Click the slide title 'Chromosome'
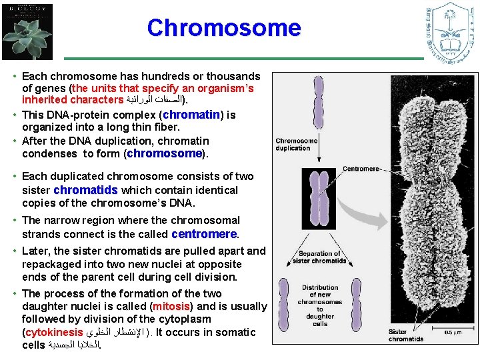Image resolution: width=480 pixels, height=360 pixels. (x=224, y=28)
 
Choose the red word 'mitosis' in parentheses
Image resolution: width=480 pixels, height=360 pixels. (x=173, y=307)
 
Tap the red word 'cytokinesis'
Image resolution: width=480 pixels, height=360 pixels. (x=54, y=332)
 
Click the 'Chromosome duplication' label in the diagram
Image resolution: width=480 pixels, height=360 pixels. (x=297, y=144)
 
